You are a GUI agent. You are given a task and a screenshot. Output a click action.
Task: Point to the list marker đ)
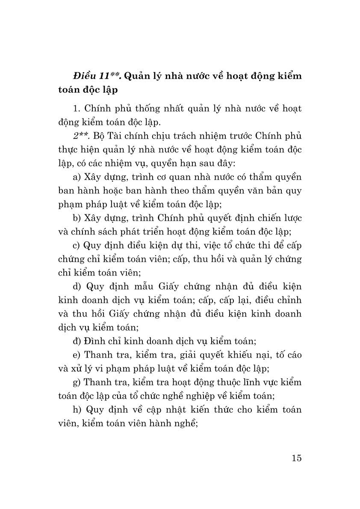click(78, 341)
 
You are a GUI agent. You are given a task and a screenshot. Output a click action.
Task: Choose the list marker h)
click(78, 410)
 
